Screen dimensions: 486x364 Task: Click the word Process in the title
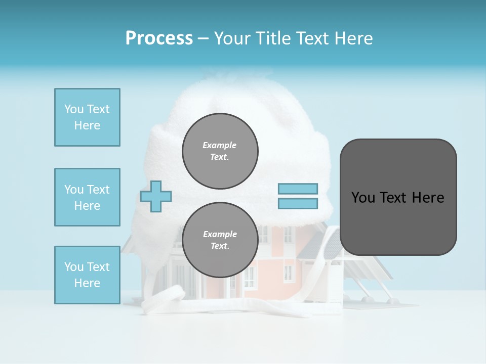pyautogui.click(x=159, y=38)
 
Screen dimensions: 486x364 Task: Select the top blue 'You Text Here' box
pyautogui.click(x=87, y=117)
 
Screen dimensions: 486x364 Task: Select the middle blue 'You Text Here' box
pyautogui.click(x=87, y=197)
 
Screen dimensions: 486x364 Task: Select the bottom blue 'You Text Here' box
pyautogui.click(x=87, y=275)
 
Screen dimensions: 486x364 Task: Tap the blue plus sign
pyautogui.click(x=156, y=197)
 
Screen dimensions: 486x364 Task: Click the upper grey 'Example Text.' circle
pyautogui.click(x=220, y=151)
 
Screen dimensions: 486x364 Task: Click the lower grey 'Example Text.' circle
pyautogui.click(x=220, y=240)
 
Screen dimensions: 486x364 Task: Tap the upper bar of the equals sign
pyautogui.click(x=298, y=189)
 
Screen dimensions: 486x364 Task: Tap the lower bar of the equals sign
pyautogui.click(x=298, y=204)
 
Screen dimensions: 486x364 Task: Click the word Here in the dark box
pyautogui.click(x=428, y=198)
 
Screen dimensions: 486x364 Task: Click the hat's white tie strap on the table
pyautogui.click(x=167, y=298)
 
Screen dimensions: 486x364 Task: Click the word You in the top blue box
pyautogui.click(x=74, y=109)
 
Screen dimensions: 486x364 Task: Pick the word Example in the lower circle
pyautogui.click(x=220, y=234)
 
